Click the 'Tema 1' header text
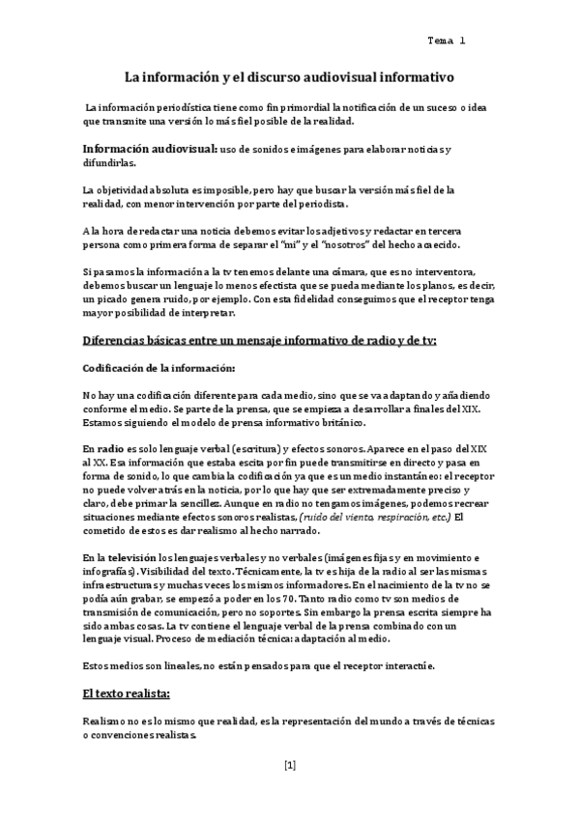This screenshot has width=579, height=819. point(446,41)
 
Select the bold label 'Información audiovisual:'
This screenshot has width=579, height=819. point(149,150)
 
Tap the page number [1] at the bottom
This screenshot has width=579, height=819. point(290,765)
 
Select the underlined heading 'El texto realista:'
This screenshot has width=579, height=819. point(127,694)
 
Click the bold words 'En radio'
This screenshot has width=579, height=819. point(103,449)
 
